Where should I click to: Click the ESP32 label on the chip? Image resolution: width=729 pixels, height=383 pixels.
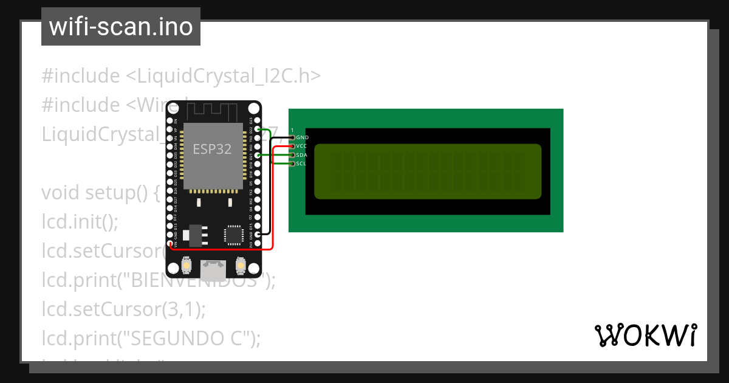[212, 149]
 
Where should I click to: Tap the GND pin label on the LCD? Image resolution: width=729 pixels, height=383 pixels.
[302, 138]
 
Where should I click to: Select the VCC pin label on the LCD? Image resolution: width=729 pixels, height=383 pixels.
[301, 147]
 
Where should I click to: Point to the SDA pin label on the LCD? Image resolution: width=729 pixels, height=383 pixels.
[301, 155]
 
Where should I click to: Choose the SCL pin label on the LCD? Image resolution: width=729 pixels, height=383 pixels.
[301, 164]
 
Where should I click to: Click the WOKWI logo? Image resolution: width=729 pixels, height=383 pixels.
[645, 336]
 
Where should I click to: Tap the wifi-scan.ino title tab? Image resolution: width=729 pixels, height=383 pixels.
[121, 27]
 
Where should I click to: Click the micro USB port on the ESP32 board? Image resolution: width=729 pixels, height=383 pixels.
[213, 268]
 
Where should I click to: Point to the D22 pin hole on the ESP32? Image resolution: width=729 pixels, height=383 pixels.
[258, 129]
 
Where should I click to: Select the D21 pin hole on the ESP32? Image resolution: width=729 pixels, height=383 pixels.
[258, 156]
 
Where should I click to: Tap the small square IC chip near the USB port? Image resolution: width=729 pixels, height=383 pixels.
[233, 235]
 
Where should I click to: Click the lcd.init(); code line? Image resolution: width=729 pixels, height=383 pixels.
[80, 222]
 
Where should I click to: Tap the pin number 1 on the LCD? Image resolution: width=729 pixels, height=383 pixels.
[292, 130]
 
